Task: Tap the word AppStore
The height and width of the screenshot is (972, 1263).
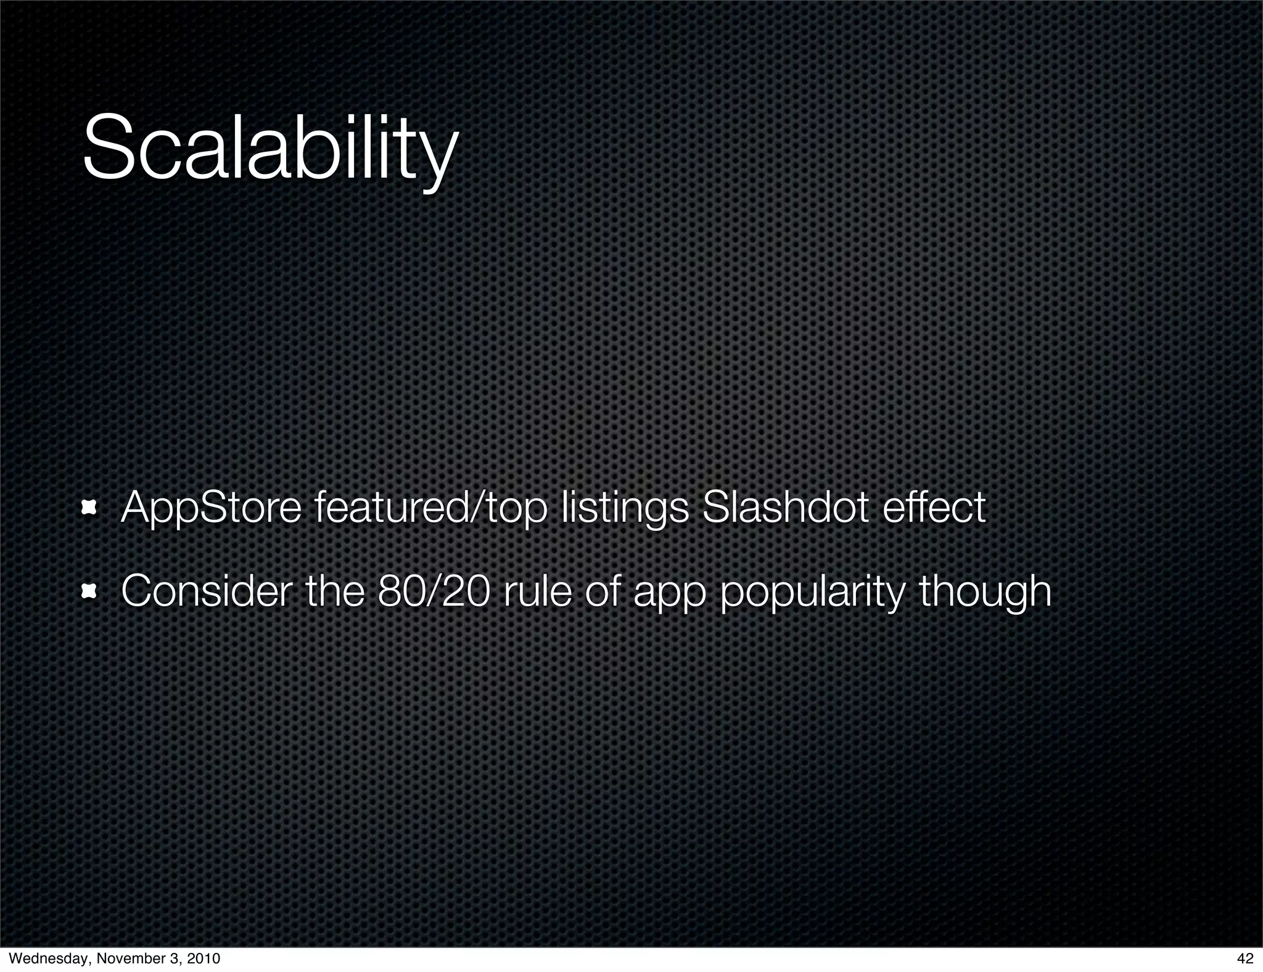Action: (211, 509)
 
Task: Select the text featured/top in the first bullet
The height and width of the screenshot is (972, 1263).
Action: (430, 509)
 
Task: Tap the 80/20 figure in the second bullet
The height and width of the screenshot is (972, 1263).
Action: (435, 590)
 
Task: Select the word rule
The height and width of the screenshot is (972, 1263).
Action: (538, 590)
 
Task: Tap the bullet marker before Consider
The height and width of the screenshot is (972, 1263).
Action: (90, 591)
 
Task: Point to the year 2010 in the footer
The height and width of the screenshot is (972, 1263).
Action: (202, 958)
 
